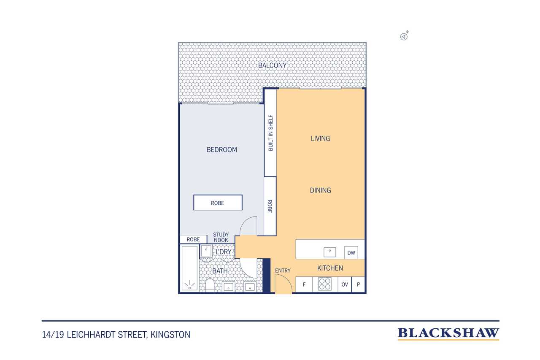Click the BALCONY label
click(x=272, y=65)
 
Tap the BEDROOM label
click(x=222, y=150)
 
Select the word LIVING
click(x=320, y=138)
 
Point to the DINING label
click(x=320, y=190)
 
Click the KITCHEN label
click(x=330, y=268)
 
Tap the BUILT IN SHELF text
click(x=270, y=133)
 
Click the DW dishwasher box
click(x=351, y=253)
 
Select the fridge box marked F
click(x=304, y=284)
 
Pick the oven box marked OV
click(x=345, y=284)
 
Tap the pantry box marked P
click(x=358, y=284)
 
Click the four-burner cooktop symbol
click(x=325, y=284)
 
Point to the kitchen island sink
click(x=330, y=252)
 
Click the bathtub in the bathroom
click(x=189, y=268)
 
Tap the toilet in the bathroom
click(x=210, y=285)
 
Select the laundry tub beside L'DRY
click(x=206, y=251)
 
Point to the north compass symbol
click(x=404, y=36)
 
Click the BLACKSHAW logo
click(x=448, y=334)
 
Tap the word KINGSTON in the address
click(x=170, y=335)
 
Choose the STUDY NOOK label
click(x=221, y=237)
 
